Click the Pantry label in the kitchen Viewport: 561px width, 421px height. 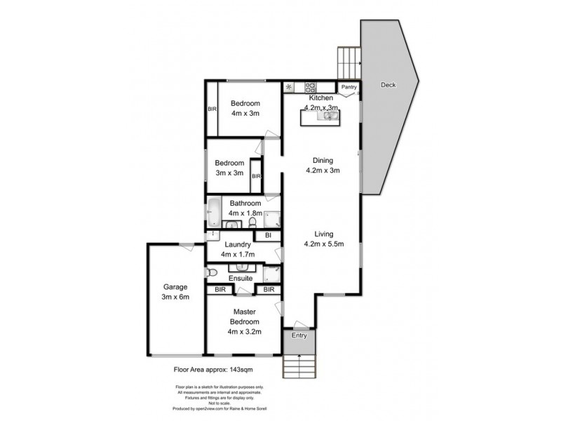pos(349,87)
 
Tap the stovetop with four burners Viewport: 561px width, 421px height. pos(310,87)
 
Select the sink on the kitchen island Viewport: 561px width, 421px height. pos(327,116)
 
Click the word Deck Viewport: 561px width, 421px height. pos(388,85)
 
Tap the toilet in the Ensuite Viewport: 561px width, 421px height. pos(210,272)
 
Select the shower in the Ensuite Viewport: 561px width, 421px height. pos(273,272)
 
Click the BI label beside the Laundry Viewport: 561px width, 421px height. pos(268,236)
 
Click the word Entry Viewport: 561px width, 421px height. pos(299,336)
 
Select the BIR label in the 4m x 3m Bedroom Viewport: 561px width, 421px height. pos(212,109)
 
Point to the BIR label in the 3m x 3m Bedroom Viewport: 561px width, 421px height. pos(256,176)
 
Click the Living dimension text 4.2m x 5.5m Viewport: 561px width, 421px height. pos(323,245)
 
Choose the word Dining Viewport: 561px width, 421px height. pos(323,159)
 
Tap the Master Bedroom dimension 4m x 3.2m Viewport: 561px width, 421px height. pos(244,332)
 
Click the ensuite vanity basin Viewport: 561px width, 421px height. pos(243,267)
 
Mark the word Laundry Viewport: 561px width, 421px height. pos(238,244)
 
